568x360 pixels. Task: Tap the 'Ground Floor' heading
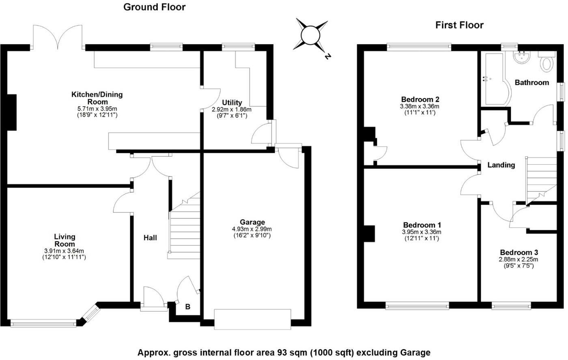click(154, 7)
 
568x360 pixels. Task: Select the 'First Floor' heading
click(459, 25)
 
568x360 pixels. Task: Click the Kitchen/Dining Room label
click(97, 98)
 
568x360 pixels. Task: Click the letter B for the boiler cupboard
click(187, 307)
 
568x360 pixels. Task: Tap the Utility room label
click(232, 103)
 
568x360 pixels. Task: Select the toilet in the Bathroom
click(546, 64)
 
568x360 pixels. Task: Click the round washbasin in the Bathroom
click(521, 57)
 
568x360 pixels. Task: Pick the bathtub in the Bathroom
click(493, 79)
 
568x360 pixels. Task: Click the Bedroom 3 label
click(519, 252)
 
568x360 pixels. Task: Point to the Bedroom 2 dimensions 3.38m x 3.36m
click(420, 106)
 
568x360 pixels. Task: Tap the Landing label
click(501, 165)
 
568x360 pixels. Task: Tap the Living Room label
click(65, 240)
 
